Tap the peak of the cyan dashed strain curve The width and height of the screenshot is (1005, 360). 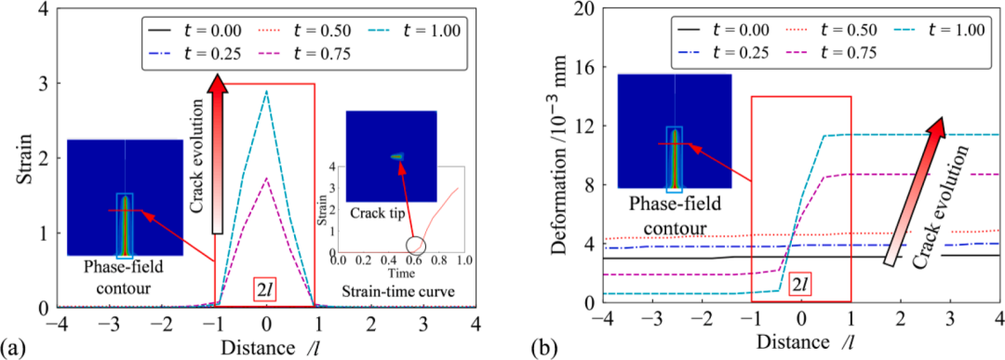(x=266, y=91)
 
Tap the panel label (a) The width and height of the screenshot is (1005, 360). (x=12, y=349)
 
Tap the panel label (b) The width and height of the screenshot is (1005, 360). (x=543, y=349)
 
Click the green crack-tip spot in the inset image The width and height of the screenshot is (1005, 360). (x=397, y=156)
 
